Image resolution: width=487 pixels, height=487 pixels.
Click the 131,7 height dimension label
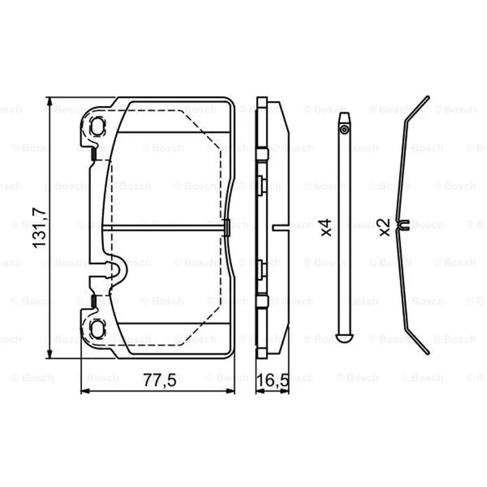point(40,228)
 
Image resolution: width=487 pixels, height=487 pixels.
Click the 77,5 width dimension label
point(159,380)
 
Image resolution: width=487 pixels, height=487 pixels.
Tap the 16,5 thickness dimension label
point(273,380)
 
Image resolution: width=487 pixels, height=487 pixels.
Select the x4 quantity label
point(326,228)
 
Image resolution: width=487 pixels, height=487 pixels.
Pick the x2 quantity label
point(384,227)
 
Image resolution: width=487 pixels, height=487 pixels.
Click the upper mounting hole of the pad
point(97,126)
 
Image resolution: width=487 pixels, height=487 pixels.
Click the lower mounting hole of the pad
point(97,329)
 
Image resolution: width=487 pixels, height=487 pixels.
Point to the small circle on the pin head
point(344,129)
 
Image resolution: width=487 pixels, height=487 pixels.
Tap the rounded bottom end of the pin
point(344,338)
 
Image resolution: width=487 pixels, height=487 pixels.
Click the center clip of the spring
point(404,225)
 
